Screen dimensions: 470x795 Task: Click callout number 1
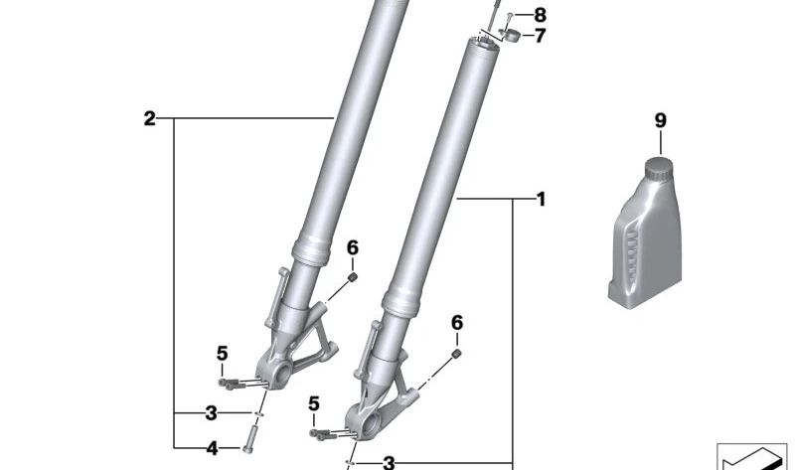pyautogui.click(x=541, y=200)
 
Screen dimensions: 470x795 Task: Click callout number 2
pyautogui.click(x=149, y=119)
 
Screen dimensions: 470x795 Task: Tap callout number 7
pyautogui.click(x=541, y=37)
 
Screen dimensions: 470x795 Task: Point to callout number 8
pyautogui.click(x=541, y=15)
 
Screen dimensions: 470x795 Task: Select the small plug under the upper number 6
pyautogui.click(x=353, y=278)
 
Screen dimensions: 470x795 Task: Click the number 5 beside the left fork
pyautogui.click(x=223, y=353)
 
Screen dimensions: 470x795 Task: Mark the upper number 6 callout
pyautogui.click(x=352, y=247)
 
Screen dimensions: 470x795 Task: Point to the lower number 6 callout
pyautogui.click(x=457, y=322)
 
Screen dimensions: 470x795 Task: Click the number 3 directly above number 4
pyautogui.click(x=211, y=412)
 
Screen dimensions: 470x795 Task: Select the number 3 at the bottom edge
pyautogui.click(x=389, y=462)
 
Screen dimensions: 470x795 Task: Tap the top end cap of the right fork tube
pyautogui.click(x=481, y=43)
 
